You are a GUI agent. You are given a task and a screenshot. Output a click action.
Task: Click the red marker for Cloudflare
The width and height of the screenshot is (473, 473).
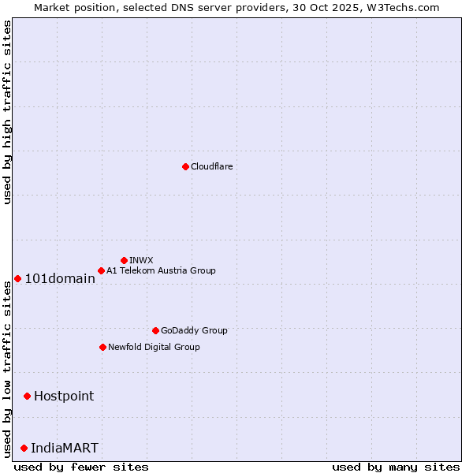(x=185, y=166)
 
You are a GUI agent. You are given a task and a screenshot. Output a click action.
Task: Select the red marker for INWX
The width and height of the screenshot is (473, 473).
(x=124, y=260)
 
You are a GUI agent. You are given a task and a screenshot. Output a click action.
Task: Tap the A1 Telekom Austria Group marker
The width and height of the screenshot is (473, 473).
(x=101, y=270)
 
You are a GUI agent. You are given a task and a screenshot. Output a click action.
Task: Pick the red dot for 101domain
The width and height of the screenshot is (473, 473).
(x=17, y=278)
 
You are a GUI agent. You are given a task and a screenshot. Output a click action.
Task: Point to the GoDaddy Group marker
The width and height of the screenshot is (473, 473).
(x=155, y=330)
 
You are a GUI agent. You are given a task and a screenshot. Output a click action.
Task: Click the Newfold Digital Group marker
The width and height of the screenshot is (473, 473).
(x=102, y=347)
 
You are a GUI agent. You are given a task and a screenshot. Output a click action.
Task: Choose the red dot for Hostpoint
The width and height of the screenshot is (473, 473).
(x=27, y=396)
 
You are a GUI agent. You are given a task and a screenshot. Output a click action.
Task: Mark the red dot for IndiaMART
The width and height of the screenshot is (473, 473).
(x=24, y=448)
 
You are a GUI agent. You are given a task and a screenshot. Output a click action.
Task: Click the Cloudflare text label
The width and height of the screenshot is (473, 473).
(x=211, y=166)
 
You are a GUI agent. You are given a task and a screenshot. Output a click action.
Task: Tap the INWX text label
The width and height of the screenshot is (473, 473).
(x=141, y=260)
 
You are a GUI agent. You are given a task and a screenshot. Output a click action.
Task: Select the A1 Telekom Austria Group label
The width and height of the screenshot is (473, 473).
(x=161, y=270)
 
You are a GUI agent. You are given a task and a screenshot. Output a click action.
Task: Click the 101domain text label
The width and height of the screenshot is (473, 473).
(x=60, y=278)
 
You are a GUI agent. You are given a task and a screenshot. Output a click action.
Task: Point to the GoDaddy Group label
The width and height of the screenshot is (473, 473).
(x=194, y=330)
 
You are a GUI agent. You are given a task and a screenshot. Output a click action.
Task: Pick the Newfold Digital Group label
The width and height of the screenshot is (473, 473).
(x=154, y=347)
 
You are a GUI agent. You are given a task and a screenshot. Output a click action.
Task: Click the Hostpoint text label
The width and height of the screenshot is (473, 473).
(x=64, y=396)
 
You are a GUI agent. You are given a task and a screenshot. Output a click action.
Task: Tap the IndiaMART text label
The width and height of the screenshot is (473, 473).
(x=65, y=448)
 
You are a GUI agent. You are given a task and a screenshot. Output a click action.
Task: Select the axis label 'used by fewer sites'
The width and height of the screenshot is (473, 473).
(x=81, y=467)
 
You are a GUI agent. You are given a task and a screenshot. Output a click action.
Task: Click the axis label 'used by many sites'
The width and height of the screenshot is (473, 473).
(x=396, y=467)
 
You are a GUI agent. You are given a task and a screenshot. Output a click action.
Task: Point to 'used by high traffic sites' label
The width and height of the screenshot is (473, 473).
(x=7, y=112)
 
